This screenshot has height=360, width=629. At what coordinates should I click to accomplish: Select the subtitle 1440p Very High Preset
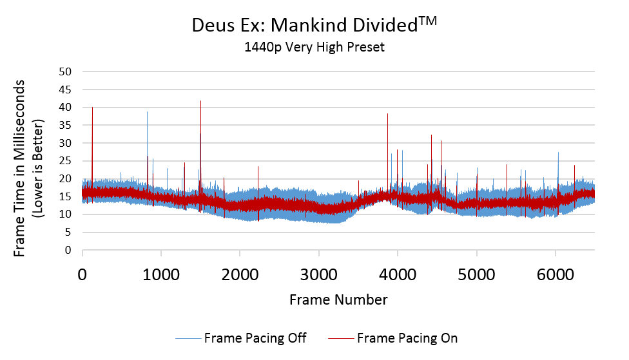pyautogui.click(x=314, y=47)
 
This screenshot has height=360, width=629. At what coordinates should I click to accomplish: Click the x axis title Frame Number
pyautogui.click(x=338, y=299)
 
